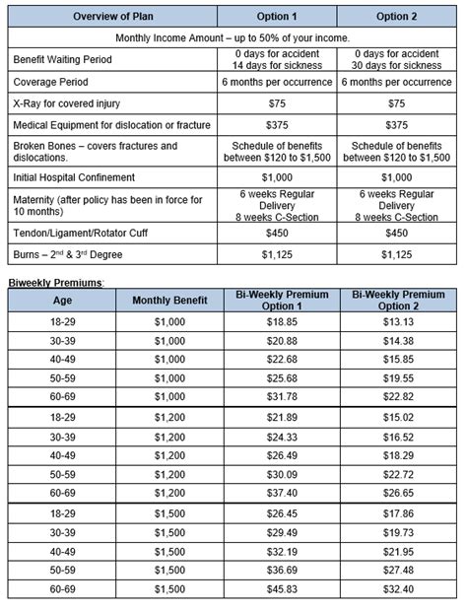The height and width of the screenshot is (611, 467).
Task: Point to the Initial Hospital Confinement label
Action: click(x=75, y=176)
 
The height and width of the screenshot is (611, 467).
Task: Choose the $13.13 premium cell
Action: click(x=398, y=321)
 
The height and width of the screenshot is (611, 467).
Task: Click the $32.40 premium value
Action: click(x=398, y=588)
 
